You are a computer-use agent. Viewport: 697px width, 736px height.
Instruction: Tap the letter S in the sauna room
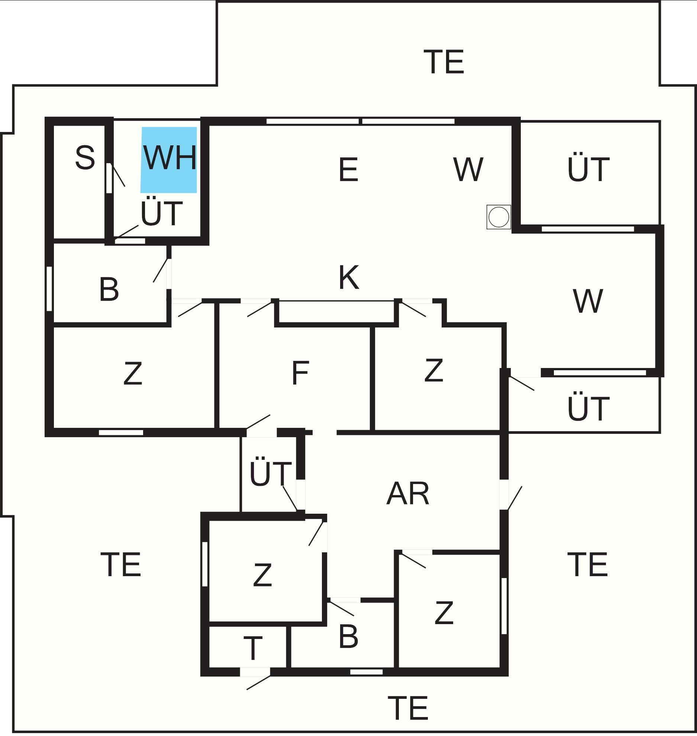pyautogui.click(x=85, y=158)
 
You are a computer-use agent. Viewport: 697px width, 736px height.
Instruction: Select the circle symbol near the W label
pyautogui.click(x=498, y=217)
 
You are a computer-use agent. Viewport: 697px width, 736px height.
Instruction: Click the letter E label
pyautogui.click(x=348, y=170)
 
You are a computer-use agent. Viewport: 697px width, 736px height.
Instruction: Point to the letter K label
pyautogui.click(x=349, y=278)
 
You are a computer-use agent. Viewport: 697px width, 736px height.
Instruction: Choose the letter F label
pyautogui.click(x=300, y=373)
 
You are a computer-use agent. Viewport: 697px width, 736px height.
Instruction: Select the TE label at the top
pyautogui.click(x=444, y=62)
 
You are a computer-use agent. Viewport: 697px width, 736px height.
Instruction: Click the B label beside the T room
pyautogui.click(x=348, y=636)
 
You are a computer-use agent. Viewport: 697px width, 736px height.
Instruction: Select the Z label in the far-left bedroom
pyautogui.click(x=132, y=374)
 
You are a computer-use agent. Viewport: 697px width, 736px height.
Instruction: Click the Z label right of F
pyautogui.click(x=433, y=371)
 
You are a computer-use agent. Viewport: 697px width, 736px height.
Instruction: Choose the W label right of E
pyautogui.click(x=468, y=170)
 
